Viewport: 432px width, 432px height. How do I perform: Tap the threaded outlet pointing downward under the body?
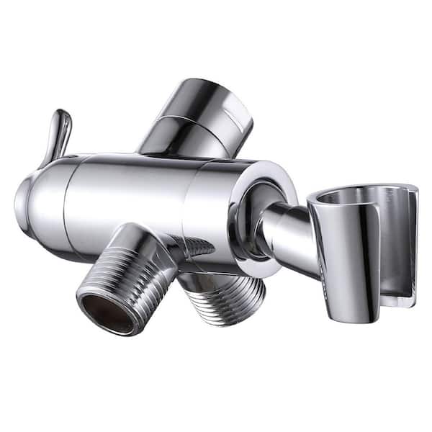click(223, 292)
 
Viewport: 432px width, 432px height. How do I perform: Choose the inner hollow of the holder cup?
click(360, 198)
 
